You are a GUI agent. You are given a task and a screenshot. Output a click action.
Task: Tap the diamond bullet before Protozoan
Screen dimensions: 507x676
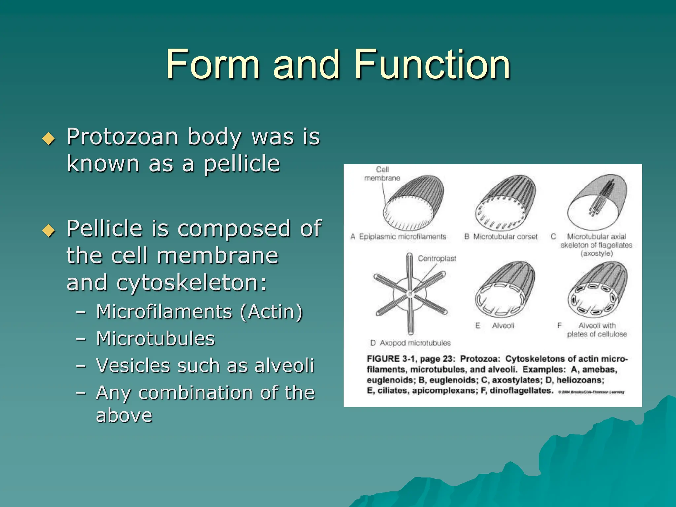coord(49,139)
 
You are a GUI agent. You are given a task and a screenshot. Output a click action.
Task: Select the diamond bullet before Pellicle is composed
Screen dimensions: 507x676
coord(49,230)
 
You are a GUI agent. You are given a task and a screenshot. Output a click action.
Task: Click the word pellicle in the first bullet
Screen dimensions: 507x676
coord(242,164)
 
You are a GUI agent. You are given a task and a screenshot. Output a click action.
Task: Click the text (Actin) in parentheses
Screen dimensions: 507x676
coord(271,312)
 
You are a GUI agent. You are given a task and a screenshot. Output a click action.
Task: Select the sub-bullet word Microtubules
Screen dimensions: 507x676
coord(155,339)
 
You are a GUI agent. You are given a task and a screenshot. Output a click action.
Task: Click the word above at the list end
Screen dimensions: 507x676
coord(124,415)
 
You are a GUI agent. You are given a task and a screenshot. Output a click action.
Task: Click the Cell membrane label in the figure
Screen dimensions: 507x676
coord(382,174)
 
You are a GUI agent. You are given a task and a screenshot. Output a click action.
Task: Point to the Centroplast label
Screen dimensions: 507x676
coord(437,258)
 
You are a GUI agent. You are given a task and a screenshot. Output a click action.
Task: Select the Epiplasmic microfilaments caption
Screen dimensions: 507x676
coord(402,237)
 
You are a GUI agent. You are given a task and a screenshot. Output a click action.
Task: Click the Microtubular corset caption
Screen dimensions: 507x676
coord(505,237)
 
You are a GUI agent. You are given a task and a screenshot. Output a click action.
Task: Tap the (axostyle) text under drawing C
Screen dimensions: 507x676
coord(596,253)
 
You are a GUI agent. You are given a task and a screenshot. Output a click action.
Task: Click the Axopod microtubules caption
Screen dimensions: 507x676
coord(415,343)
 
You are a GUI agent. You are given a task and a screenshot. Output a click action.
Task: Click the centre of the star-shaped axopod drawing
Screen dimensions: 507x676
coord(410,294)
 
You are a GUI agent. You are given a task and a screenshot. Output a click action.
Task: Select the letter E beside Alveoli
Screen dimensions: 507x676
coord(477,326)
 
